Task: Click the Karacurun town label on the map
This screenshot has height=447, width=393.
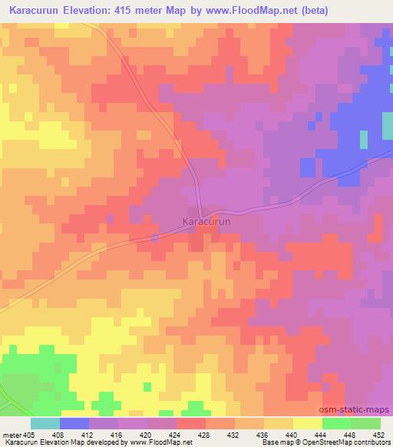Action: coord(207,221)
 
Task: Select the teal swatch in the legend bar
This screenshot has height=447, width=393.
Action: coord(45,423)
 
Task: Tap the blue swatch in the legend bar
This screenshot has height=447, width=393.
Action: coord(74,423)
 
